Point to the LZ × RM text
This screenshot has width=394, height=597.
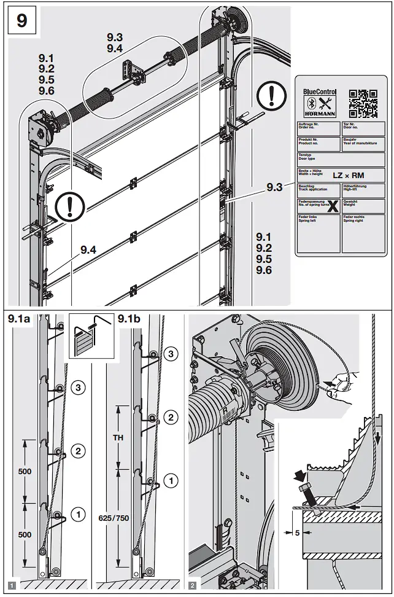click(x=348, y=175)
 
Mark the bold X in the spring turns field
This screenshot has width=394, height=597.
click(x=332, y=206)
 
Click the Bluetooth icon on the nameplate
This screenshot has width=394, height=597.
click(x=311, y=103)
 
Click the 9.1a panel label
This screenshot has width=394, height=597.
click(x=20, y=319)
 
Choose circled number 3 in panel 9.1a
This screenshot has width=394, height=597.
click(x=78, y=387)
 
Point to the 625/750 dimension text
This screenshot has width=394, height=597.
click(x=114, y=518)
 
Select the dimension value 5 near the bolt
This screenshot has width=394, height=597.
click(x=297, y=533)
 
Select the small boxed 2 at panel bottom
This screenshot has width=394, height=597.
click(x=194, y=587)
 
